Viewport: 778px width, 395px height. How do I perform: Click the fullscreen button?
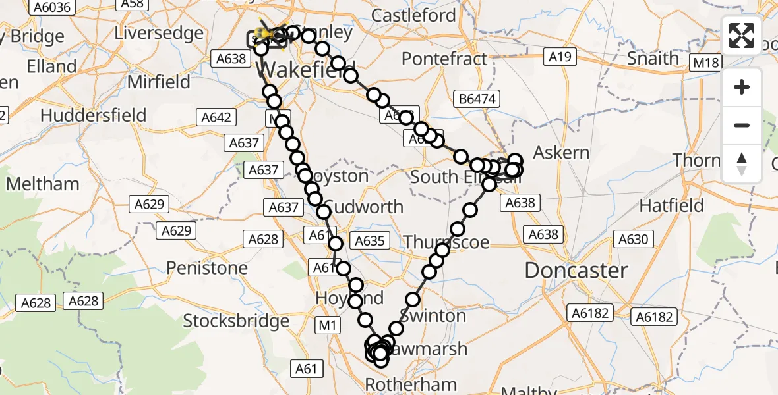pos(742,35)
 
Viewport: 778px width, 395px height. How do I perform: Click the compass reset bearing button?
pos(742,163)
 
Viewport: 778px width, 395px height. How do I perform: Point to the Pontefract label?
pos(444,59)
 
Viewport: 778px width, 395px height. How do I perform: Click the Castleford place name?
pos(413,15)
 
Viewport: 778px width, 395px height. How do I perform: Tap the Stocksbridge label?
pos(236,321)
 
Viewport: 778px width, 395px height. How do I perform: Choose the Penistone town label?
pos(207,268)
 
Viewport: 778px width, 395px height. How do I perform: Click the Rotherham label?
pos(411,384)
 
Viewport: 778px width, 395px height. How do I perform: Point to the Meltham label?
pos(43,184)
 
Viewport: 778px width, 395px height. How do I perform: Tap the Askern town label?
pos(561,153)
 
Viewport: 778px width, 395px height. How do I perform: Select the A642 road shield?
pos(216,117)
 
